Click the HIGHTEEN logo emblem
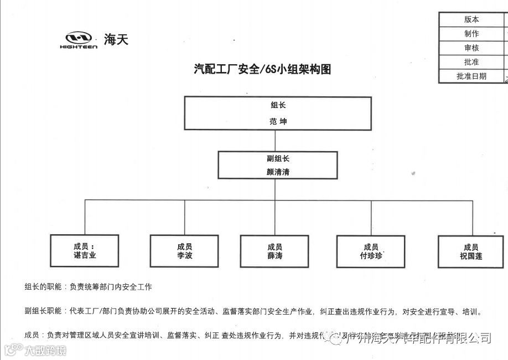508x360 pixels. [78, 39]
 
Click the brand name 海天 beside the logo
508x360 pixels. [116, 39]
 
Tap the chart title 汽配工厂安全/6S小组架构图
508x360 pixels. [263, 69]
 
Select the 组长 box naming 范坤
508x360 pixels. [277, 114]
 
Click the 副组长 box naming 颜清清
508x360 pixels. [278, 165]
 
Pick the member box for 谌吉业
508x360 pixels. [85, 251]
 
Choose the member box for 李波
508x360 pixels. [184, 251]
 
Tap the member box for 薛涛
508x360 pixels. [274, 251]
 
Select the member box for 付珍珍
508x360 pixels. [371, 251]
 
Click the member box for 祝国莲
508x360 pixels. [470, 251]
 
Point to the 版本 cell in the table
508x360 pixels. [471, 19]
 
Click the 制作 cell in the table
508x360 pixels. [471, 34]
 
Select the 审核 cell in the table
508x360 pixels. [471, 48]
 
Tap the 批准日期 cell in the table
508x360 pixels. [471, 76]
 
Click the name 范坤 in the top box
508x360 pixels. [278, 121]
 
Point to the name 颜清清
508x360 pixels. [278, 172]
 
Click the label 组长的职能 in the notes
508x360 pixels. [44, 287]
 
